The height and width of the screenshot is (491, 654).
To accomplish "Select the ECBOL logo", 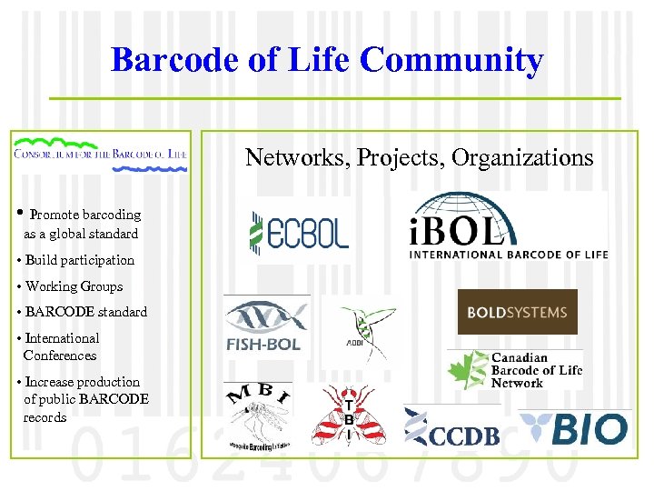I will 299,231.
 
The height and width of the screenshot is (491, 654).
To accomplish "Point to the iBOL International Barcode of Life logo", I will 507,226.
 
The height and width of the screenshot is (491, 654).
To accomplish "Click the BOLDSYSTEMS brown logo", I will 517,313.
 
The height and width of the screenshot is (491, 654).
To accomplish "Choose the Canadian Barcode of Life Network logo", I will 515,369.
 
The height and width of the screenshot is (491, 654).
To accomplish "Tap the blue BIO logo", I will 574,427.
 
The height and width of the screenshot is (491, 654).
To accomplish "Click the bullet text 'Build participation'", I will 79,260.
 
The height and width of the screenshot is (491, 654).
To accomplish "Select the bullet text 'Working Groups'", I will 74,286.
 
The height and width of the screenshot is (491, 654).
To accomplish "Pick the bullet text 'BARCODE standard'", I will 85,312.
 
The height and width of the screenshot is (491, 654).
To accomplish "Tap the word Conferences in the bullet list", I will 60,356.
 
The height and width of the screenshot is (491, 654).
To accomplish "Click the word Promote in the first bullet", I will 54,215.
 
